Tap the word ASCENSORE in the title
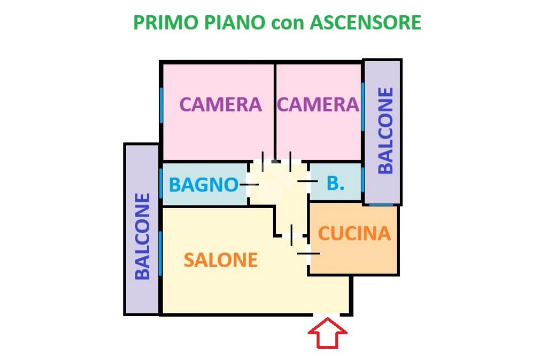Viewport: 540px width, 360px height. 365,23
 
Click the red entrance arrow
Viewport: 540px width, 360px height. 327,333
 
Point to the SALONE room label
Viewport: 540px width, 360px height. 220,260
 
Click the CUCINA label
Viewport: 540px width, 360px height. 354,233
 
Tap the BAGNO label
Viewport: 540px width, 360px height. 203,185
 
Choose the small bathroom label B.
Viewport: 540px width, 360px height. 335,183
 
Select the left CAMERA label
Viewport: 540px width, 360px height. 220,104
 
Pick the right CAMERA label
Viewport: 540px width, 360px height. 318,104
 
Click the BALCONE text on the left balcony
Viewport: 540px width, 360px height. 143,236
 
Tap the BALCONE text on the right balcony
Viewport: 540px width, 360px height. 385,130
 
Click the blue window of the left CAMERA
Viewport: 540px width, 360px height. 161,105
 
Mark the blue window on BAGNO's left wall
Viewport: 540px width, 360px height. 161,183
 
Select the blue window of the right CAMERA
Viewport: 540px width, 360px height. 363,105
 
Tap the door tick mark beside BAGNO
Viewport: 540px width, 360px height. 249,184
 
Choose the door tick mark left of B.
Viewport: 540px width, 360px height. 307,181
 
